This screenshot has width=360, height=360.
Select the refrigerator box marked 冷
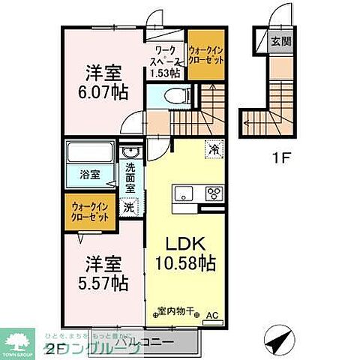click(x=213, y=148)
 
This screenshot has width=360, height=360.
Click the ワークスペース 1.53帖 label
click(x=166, y=61)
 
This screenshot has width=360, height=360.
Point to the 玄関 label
click(x=280, y=40)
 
